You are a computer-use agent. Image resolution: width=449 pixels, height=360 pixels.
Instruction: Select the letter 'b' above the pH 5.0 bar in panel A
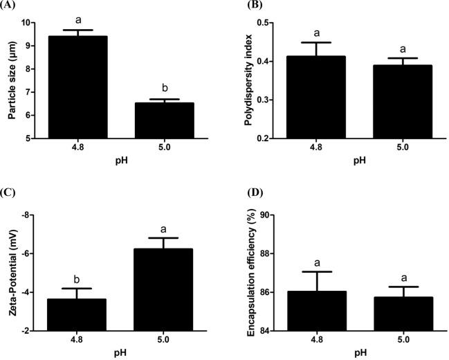click(163, 89)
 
